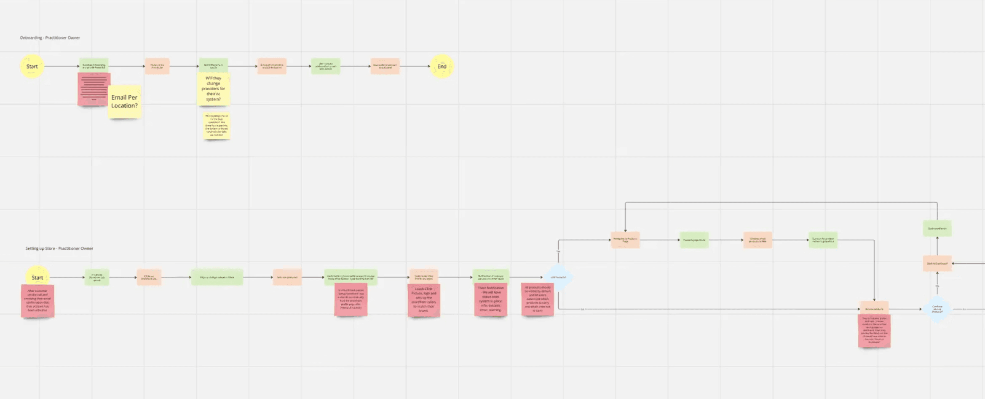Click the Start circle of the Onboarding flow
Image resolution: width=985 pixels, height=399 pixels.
[32, 66]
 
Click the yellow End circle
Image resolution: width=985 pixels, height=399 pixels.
[442, 66]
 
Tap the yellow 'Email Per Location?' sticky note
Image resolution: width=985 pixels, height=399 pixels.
[124, 102]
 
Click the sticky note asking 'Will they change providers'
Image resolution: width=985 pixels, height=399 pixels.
[214, 89]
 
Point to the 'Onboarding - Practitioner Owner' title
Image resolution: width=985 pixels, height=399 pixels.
[50, 38]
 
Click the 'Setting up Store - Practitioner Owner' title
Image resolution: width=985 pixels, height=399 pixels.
[59, 248]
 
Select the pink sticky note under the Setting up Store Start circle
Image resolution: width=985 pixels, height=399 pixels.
[37, 301]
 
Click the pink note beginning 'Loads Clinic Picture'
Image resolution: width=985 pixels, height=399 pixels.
[424, 300]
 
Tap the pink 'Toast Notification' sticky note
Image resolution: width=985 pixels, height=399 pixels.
[490, 299]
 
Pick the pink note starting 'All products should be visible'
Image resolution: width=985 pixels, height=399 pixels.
[538, 299]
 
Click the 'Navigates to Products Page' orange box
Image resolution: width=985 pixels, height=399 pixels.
[625, 240]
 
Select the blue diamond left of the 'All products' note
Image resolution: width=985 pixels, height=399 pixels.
[558, 277]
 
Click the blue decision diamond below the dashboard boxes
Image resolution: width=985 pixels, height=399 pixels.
[937, 309]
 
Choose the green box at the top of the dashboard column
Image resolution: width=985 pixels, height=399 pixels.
[937, 228]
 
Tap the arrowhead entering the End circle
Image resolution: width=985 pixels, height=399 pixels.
[428, 66]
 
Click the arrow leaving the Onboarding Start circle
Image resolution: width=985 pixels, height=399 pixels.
[61, 66]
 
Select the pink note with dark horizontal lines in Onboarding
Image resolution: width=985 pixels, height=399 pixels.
[94, 89]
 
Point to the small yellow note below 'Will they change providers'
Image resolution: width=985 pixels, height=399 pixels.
[217, 126]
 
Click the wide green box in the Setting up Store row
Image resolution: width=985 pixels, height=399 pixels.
[217, 277]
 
